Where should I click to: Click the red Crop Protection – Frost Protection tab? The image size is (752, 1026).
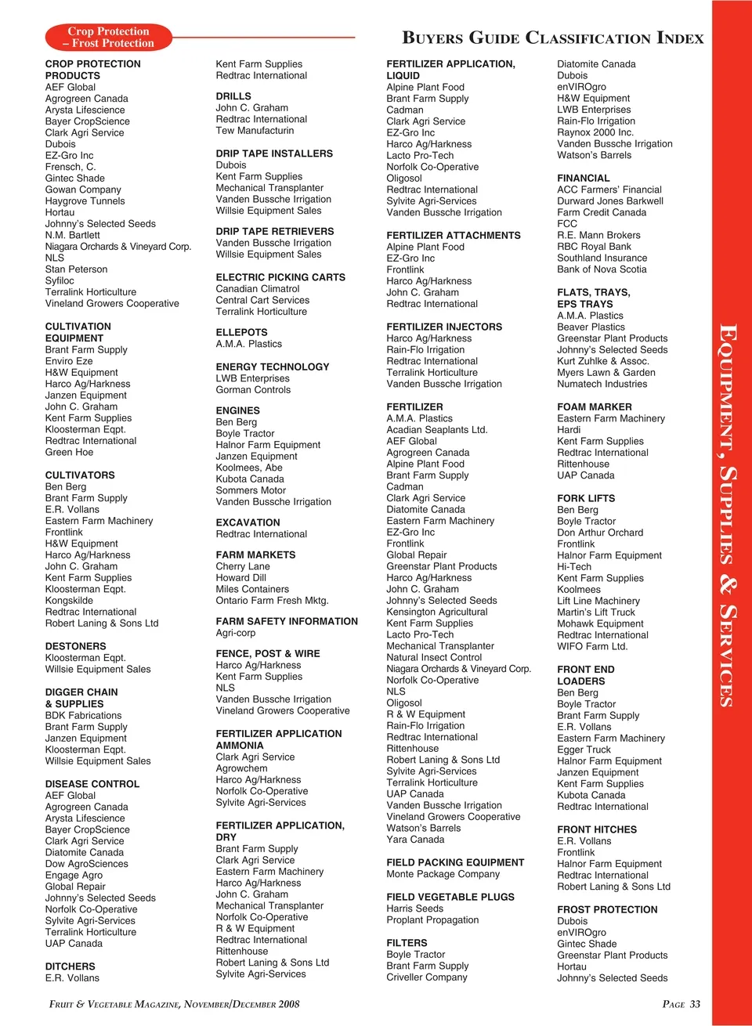pos(108,38)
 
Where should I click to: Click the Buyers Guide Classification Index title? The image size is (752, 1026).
pos(552,38)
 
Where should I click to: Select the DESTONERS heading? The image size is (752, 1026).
pos(75,646)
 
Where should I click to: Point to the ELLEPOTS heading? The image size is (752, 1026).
pos(241,332)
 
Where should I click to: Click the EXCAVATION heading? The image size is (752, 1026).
pos(248,522)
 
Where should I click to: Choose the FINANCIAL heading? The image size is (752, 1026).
pos(583,178)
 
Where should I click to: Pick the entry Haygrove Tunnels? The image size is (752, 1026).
pos(85,201)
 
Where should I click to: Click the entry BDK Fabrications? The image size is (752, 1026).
pos(83,715)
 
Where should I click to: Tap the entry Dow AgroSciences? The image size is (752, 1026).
pos(86,864)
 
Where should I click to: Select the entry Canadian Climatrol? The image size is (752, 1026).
pos(257,289)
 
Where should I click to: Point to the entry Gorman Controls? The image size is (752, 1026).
pos(253,389)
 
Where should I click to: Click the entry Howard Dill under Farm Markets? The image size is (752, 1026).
pos(240,577)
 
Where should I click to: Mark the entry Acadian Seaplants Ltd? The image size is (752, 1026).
pos(436,429)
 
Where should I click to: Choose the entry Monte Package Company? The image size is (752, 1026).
pos(443,874)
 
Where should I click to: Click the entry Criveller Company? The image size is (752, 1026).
pos(426,977)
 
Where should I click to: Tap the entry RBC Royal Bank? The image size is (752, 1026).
pos(594,246)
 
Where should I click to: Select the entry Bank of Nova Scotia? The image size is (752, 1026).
pos(602,269)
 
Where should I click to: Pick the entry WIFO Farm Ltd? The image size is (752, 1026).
pos(591,646)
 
